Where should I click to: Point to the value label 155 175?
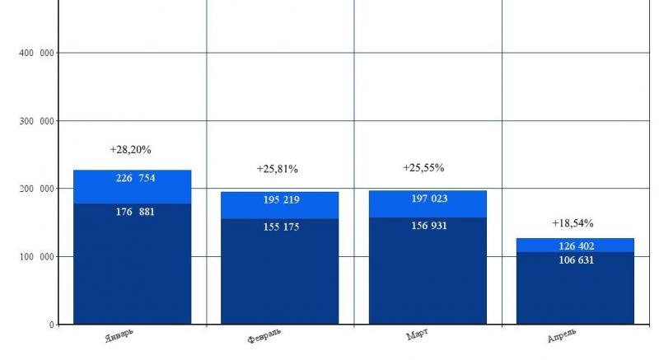(279, 226)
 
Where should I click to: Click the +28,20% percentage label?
(131, 150)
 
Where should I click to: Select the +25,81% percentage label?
(278, 169)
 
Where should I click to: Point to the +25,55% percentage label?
(423, 167)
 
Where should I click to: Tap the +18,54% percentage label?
(573, 223)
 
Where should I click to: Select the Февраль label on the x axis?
(264, 340)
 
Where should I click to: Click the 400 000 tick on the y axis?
(35, 54)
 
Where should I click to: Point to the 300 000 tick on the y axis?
(35, 122)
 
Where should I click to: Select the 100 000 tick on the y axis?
(35, 257)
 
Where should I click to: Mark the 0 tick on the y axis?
(50, 325)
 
